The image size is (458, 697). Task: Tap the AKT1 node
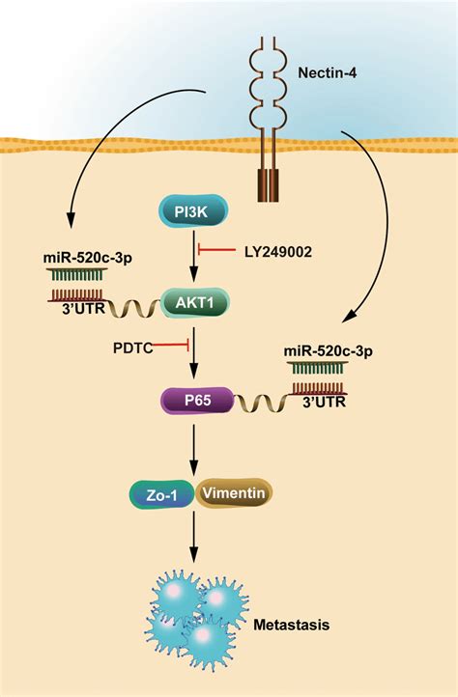[x=196, y=302]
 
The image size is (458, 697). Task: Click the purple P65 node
[x=196, y=398]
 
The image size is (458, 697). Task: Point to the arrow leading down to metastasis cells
[x=196, y=543]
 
